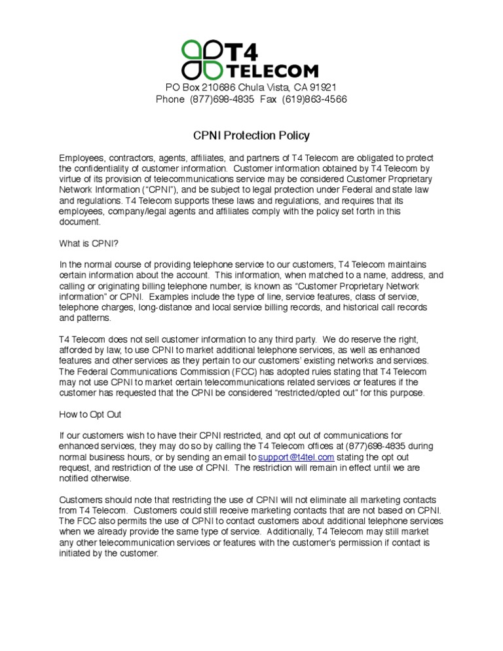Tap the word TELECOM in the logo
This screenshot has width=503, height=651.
pos(272,71)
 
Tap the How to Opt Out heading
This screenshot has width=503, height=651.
pos(90,415)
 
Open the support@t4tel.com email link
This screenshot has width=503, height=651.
pos(297,456)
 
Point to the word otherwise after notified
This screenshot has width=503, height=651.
pos(113,478)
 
